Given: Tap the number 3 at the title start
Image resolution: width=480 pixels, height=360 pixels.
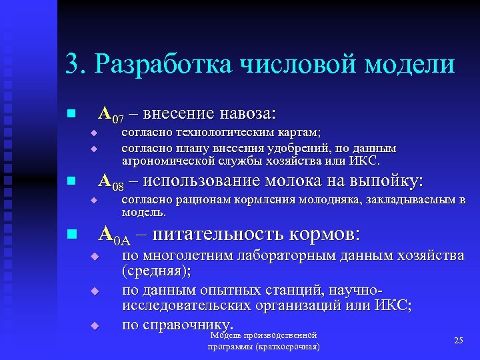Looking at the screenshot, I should pos(72,65).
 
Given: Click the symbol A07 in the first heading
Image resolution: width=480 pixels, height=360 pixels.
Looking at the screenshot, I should pos(111,113).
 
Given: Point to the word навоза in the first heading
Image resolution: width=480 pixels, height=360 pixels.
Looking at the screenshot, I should pos(250,112).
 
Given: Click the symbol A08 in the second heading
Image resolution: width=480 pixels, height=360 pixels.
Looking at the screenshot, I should pos(111,181).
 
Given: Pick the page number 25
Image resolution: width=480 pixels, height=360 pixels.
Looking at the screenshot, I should pos(458,341).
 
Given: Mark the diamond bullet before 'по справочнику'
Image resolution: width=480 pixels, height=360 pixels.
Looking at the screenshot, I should pos(95,325).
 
